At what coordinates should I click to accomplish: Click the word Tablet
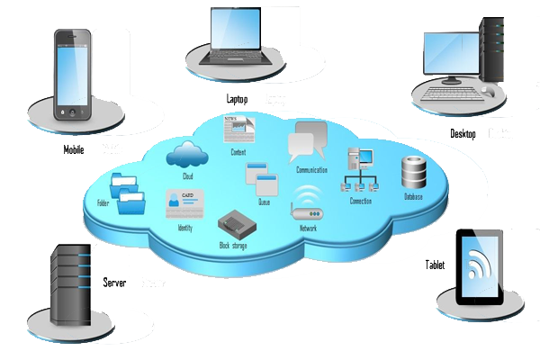(435, 265)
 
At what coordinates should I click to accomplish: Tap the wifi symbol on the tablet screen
(480, 263)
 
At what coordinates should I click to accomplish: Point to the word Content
(238, 152)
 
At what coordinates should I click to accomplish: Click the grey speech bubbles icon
(307, 143)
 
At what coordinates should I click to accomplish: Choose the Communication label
(311, 170)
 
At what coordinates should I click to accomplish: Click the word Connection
(361, 201)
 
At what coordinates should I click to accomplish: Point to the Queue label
(264, 203)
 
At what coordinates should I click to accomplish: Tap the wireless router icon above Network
(307, 204)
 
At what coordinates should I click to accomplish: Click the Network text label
(308, 229)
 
